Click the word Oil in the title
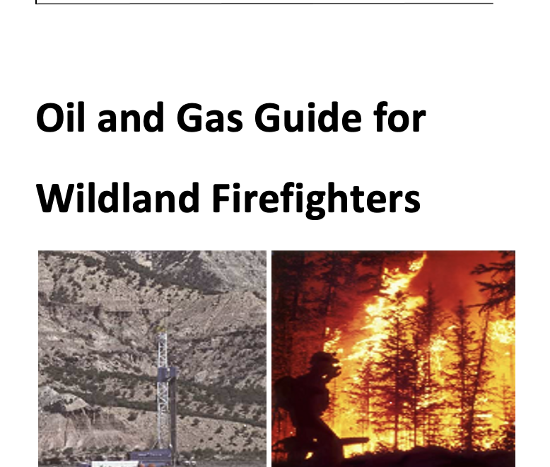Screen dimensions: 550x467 [60, 117]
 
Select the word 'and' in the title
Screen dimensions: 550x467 [131, 117]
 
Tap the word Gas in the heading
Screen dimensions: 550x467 [210, 118]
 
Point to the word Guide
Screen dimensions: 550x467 [308, 117]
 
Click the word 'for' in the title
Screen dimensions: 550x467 [399, 117]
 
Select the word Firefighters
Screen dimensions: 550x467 [316, 200]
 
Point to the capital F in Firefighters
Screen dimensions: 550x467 [222, 198]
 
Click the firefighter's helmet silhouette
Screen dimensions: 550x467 [324, 361]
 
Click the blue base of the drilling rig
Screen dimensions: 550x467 [151, 456]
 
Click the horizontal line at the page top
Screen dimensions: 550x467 [264, 3]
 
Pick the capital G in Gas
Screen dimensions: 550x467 [192, 118]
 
